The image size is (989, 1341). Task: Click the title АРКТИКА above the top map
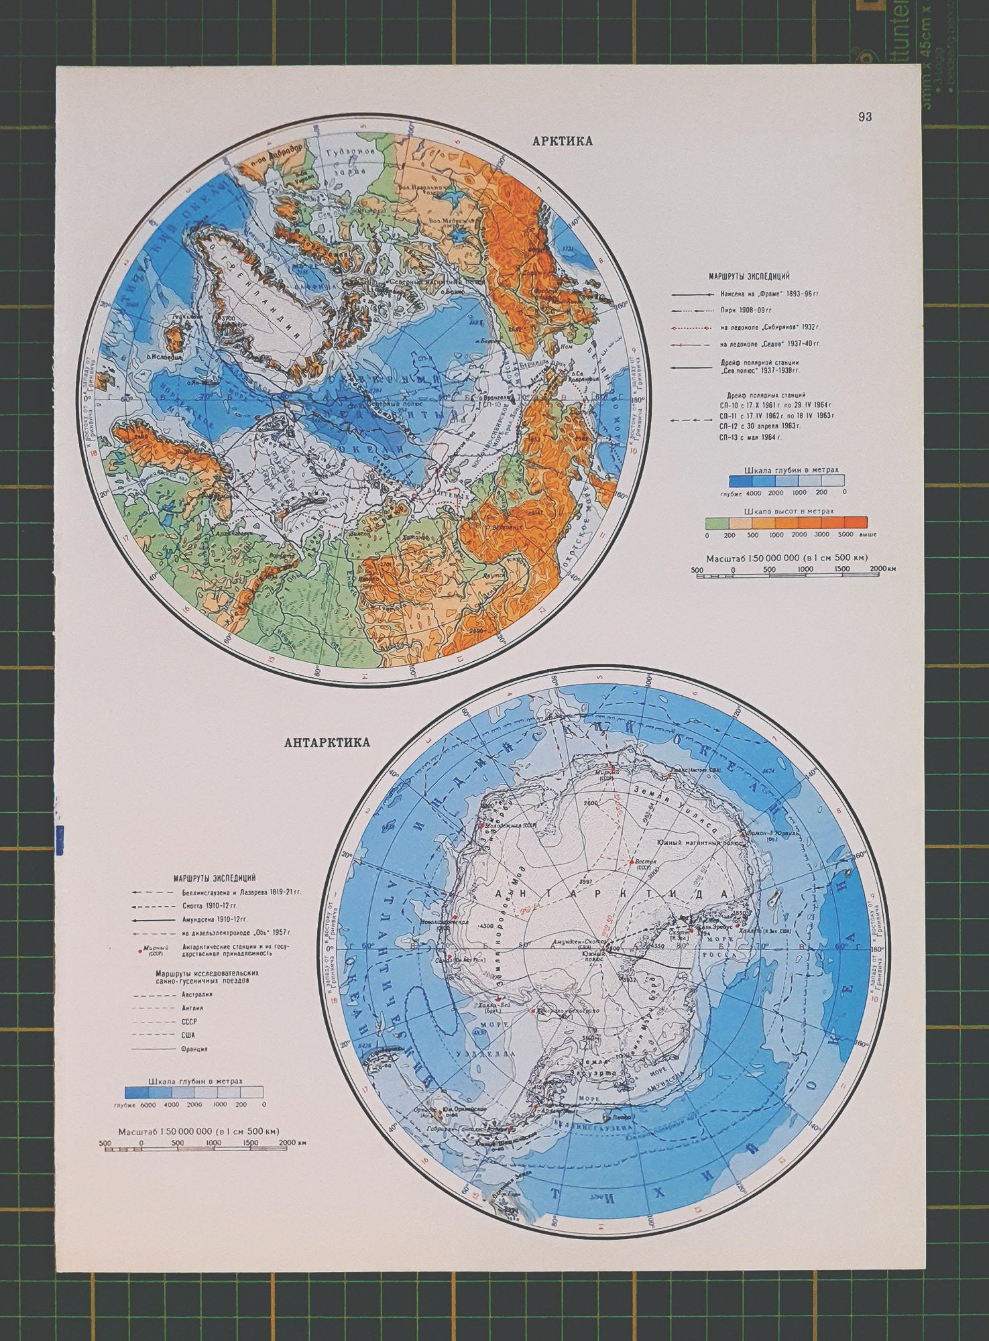[562, 141]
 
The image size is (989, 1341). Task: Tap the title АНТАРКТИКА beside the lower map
[327, 743]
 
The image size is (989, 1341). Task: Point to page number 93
[864, 117]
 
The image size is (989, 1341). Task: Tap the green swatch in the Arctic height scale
[717, 522]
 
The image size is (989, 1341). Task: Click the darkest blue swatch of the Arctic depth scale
[741, 481]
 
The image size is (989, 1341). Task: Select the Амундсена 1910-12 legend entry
[214, 919]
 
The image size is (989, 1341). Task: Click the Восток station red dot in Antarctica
[631, 862]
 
